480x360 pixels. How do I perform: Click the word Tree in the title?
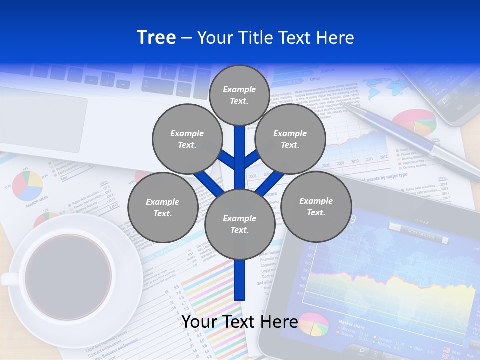(x=156, y=38)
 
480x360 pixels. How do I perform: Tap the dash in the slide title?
(x=186, y=38)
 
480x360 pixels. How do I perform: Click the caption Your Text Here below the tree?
(x=240, y=322)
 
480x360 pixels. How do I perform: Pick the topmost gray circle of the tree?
(x=239, y=95)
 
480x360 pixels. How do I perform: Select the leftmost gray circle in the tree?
(x=162, y=207)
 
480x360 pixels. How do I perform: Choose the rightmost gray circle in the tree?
(x=316, y=206)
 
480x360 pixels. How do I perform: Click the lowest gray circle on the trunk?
(x=239, y=224)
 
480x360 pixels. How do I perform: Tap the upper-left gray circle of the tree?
(x=187, y=139)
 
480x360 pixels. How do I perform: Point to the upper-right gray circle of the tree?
(x=290, y=139)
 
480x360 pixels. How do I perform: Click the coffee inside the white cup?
(x=68, y=277)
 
